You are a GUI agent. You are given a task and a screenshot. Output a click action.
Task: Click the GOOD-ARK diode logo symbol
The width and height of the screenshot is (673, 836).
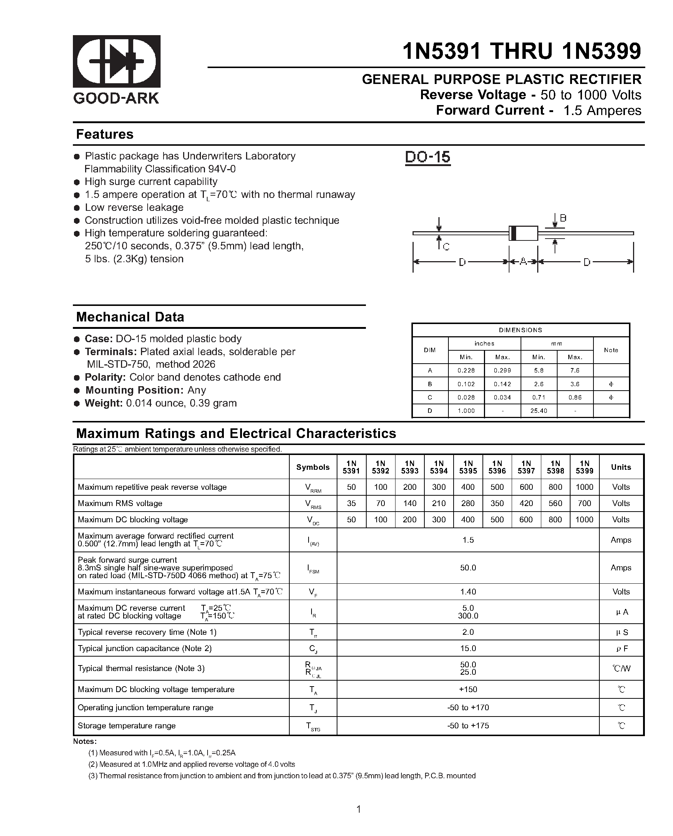pos(117,61)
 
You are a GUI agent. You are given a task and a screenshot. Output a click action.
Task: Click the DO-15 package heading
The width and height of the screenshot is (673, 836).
pos(427,157)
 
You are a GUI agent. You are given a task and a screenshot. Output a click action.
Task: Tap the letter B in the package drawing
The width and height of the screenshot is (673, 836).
pos(563,218)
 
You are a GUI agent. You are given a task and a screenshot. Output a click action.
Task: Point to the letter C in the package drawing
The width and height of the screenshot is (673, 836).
pos(446,247)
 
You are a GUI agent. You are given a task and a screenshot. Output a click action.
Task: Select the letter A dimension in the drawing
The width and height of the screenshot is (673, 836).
pos(523,262)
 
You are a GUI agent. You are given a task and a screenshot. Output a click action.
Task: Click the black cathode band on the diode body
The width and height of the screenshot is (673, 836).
pos(514,233)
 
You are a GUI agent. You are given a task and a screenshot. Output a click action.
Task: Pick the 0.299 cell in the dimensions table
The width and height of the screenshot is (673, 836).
pos(502,370)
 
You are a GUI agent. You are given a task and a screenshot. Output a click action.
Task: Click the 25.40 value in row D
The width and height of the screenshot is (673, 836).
pos(538,411)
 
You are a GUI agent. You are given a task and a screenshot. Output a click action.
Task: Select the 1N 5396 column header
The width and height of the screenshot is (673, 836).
pos(497,467)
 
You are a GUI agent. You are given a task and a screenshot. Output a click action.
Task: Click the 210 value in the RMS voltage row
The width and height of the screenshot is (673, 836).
pos(439,503)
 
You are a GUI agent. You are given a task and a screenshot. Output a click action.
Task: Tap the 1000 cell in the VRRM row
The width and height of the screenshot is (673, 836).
pos(584,487)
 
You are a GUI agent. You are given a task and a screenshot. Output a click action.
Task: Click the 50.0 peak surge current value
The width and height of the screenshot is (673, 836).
pos(468,567)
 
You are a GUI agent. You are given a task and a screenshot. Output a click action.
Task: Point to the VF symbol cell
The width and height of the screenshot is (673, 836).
pos(313,592)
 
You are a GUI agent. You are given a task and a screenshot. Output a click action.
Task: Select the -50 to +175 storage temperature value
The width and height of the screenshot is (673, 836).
pos(468,725)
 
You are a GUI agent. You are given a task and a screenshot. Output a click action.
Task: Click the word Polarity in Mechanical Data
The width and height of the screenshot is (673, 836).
pos(105,377)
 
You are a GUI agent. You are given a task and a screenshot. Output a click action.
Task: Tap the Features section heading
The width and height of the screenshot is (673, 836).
pos(105,134)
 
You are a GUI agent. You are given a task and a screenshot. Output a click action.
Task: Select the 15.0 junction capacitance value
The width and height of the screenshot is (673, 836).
pos(468,648)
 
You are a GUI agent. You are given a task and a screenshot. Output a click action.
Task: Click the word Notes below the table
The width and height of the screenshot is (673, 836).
pos(85,741)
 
